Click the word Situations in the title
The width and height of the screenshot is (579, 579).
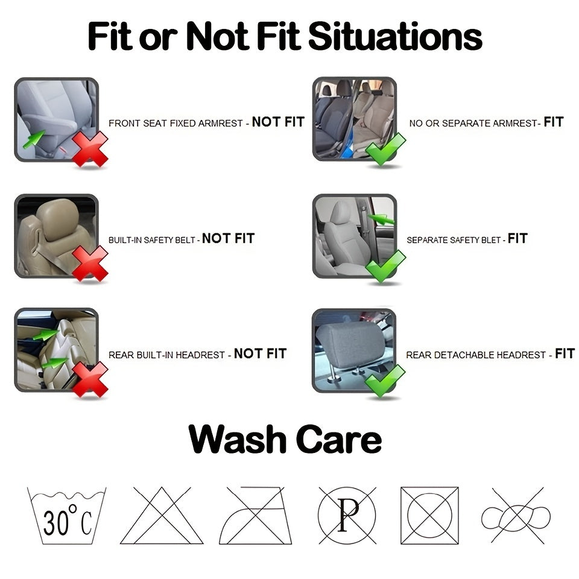[x=395, y=36]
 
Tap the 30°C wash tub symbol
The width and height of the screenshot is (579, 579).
[x=67, y=516]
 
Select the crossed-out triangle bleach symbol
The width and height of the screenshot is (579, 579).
[x=162, y=516]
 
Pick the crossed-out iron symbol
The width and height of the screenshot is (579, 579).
[x=256, y=516]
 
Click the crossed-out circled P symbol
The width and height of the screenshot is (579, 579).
[x=347, y=516]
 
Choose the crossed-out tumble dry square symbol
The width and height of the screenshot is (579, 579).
[x=429, y=516]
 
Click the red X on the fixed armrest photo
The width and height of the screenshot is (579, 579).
[x=90, y=149]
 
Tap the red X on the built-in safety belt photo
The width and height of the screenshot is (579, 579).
[x=90, y=264]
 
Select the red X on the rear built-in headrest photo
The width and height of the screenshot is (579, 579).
[x=90, y=379]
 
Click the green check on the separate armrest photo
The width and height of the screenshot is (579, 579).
[x=385, y=149]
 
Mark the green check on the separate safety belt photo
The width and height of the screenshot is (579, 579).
[x=385, y=265]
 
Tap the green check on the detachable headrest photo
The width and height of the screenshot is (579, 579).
[x=385, y=381]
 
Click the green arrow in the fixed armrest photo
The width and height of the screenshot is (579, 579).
[x=34, y=139]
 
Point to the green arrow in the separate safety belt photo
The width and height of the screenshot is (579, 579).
[x=381, y=220]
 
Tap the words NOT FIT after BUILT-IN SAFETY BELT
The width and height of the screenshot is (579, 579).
[x=228, y=239]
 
